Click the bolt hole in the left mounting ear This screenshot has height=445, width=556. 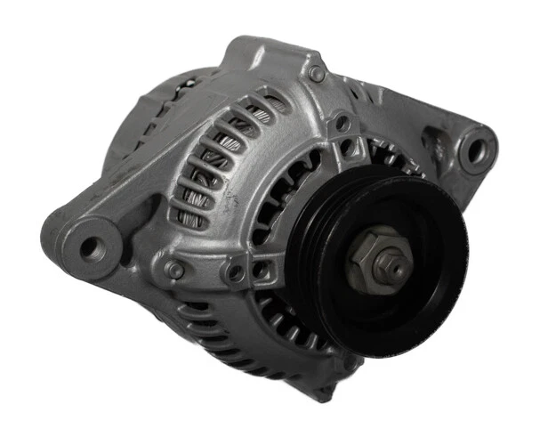click(x=91, y=247)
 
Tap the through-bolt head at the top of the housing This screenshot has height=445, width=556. click(x=316, y=73)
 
